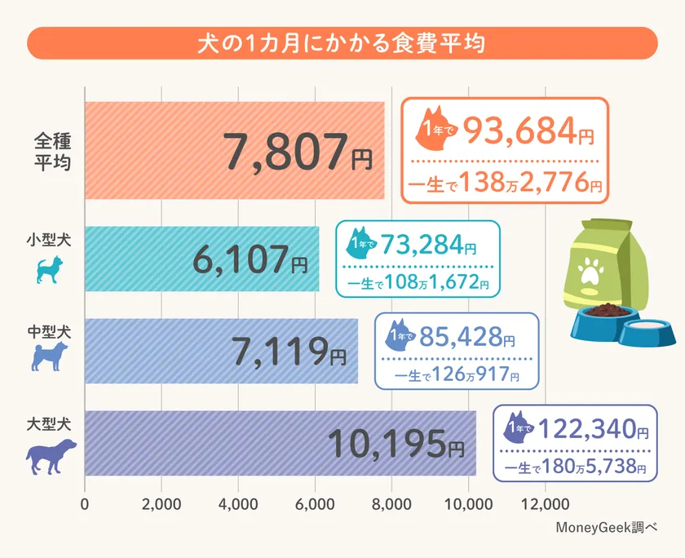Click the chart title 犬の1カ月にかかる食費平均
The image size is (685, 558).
tap(342, 42)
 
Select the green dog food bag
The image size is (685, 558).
tap(603, 269)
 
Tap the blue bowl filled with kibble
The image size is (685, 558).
tap(603, 321)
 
